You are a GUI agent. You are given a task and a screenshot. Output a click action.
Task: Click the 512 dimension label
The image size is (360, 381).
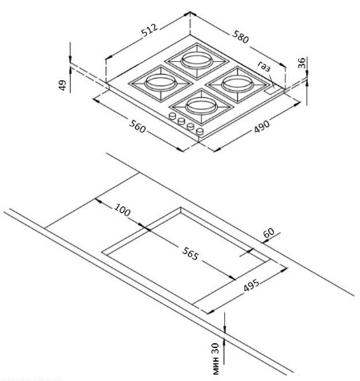[x=150, y=30]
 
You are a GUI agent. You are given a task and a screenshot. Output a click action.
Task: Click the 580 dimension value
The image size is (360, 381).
[x=240, y=37]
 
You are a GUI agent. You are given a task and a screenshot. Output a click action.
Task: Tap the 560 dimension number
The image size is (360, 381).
[x=137, y=126]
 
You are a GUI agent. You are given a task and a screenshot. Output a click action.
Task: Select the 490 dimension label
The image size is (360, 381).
[x=262, y=127]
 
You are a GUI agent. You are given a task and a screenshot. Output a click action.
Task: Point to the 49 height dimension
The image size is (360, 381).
[x=62, y=85]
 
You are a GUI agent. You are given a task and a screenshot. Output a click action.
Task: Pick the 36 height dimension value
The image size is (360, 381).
[x=301, y=63]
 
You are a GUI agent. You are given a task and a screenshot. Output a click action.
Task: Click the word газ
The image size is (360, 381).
[x=264, y=66]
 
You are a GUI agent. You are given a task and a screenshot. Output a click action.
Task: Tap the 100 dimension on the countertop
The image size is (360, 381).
[x=122, y=210]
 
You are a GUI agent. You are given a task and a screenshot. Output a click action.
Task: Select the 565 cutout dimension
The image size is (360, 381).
[x=190, y=253]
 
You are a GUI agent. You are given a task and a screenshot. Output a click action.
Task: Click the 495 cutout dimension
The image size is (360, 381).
[x=252, y=285]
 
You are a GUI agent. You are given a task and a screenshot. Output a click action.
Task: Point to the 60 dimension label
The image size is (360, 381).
[x=269, y=232]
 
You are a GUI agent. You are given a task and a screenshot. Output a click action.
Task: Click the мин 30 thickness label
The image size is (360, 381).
[x=215, y=358]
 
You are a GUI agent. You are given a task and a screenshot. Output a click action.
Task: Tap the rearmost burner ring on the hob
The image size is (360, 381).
[x=197, y=60]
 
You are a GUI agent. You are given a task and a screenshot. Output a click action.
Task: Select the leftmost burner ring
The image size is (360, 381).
[x=161, y=83]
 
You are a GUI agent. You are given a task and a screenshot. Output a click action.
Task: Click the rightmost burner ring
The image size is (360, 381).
[x=237, y=84]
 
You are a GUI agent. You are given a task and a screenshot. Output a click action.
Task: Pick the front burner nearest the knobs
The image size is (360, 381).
[x=201, y=106]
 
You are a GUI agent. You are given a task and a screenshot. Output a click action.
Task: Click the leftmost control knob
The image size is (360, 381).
[x=172, y=117]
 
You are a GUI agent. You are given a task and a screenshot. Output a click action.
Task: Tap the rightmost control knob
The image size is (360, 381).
[x=200, y=131]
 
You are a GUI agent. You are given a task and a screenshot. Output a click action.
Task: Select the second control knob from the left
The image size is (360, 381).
[x=182, y=121]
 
